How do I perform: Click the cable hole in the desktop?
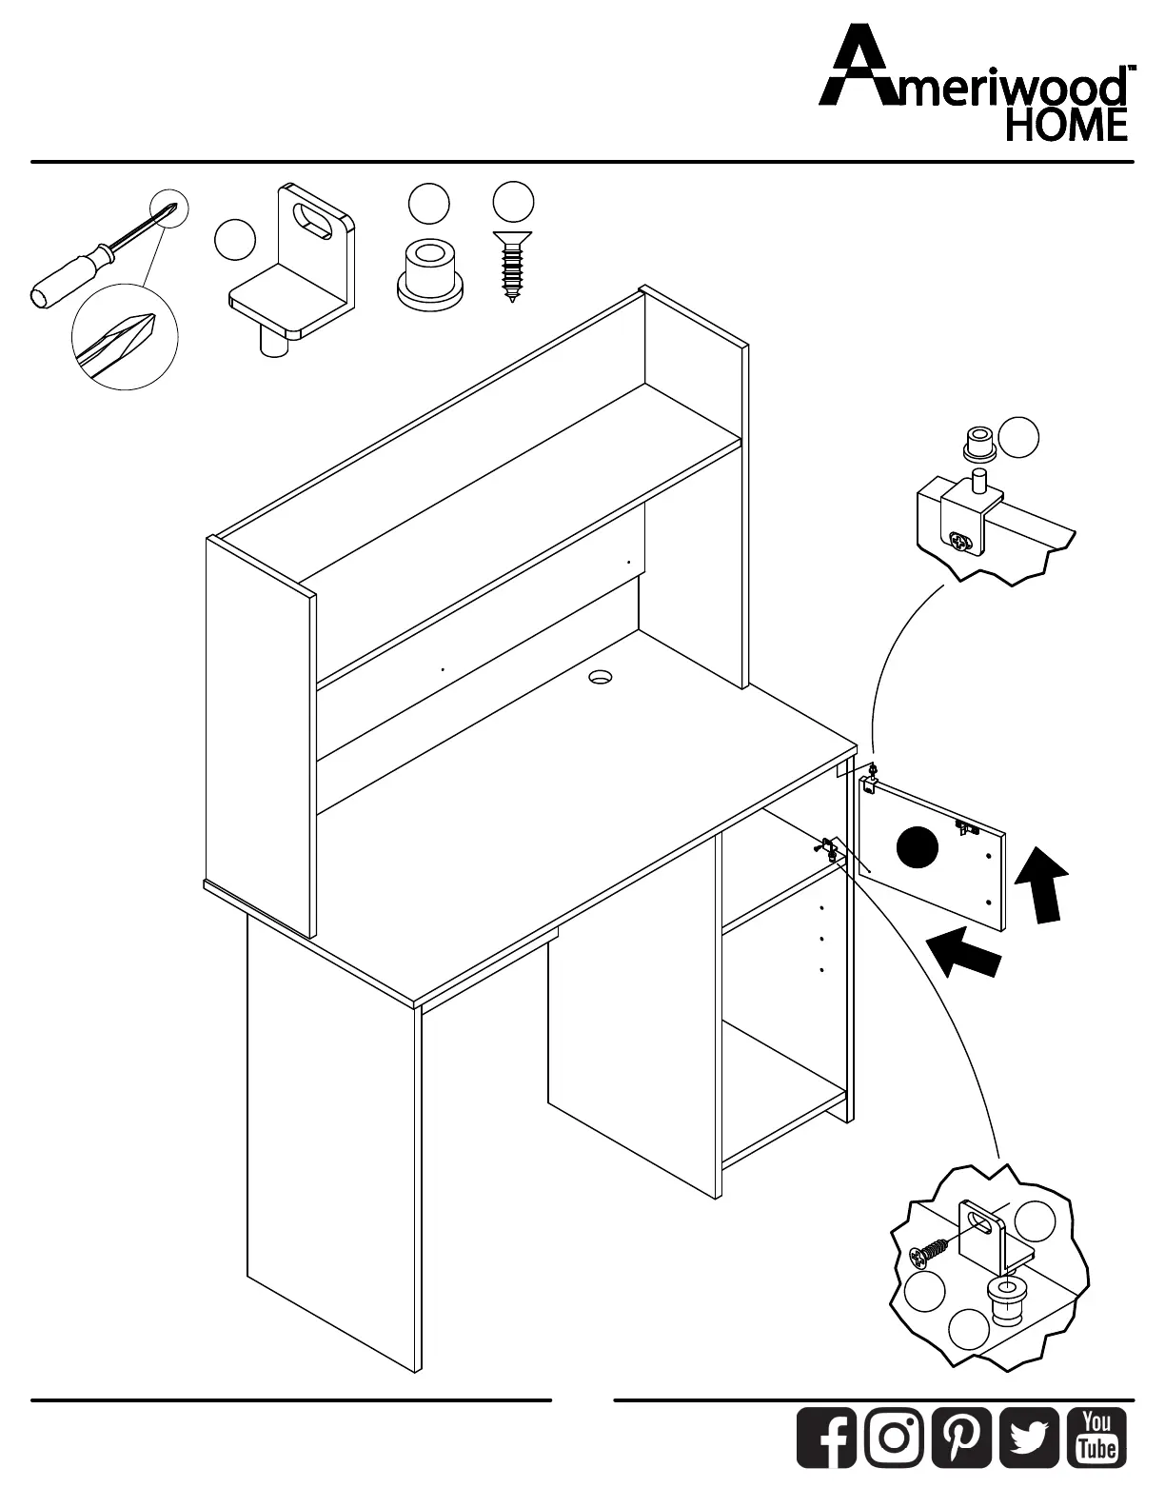pyautogui.click(x=600, y=678)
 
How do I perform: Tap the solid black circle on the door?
pyautogui.click(x=917, y=847)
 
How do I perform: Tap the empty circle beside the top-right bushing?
pyautogui.click(x=1019, y=436)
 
